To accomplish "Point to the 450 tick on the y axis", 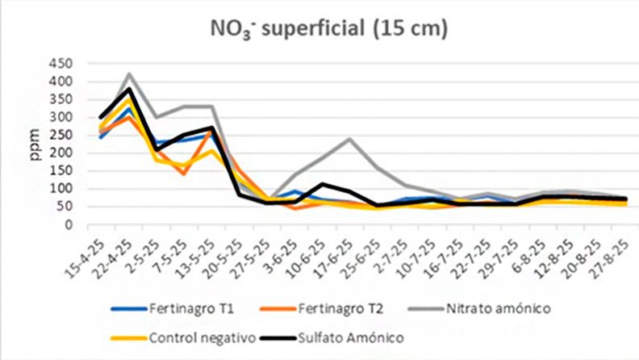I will (61, 64).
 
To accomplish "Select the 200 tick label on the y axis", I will (61, 153).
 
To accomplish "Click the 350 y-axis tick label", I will (61, 99).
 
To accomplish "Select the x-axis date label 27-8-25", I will (616, 252).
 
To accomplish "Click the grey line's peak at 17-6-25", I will (349, 139).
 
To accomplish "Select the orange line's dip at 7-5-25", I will (184, 174).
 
